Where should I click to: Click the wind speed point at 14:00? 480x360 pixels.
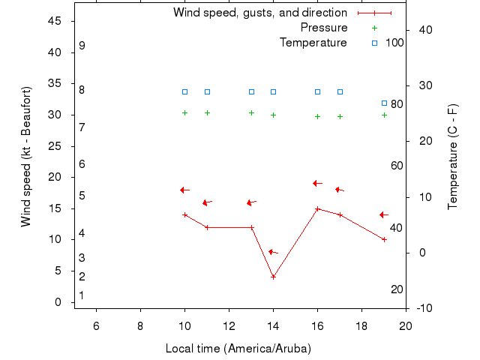[273, 277]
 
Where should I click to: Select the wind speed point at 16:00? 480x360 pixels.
[317, 208]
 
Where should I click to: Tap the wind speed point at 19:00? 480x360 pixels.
[384, 239]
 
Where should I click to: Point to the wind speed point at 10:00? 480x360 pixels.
[184, 214]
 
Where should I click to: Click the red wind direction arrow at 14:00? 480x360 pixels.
[273, 252]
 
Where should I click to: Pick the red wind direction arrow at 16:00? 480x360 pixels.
[317, 183]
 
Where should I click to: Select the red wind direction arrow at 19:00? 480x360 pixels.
[384, 214]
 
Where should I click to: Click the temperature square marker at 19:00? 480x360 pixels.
[384, 103]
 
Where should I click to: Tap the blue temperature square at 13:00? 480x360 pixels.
[251, 91]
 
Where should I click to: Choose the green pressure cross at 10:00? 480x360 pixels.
[184, 112]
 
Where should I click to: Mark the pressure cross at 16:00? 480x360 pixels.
[317, 116]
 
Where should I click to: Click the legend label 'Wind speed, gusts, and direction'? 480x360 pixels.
[260, 13]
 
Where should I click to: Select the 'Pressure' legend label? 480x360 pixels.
[324, 28]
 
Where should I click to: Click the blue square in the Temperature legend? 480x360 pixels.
[374, 43]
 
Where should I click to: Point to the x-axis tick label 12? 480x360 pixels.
[229, 325]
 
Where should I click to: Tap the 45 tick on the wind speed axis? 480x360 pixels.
[55, 21]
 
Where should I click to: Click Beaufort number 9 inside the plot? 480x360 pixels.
[82, 46]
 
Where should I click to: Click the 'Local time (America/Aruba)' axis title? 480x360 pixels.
[238, 349]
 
